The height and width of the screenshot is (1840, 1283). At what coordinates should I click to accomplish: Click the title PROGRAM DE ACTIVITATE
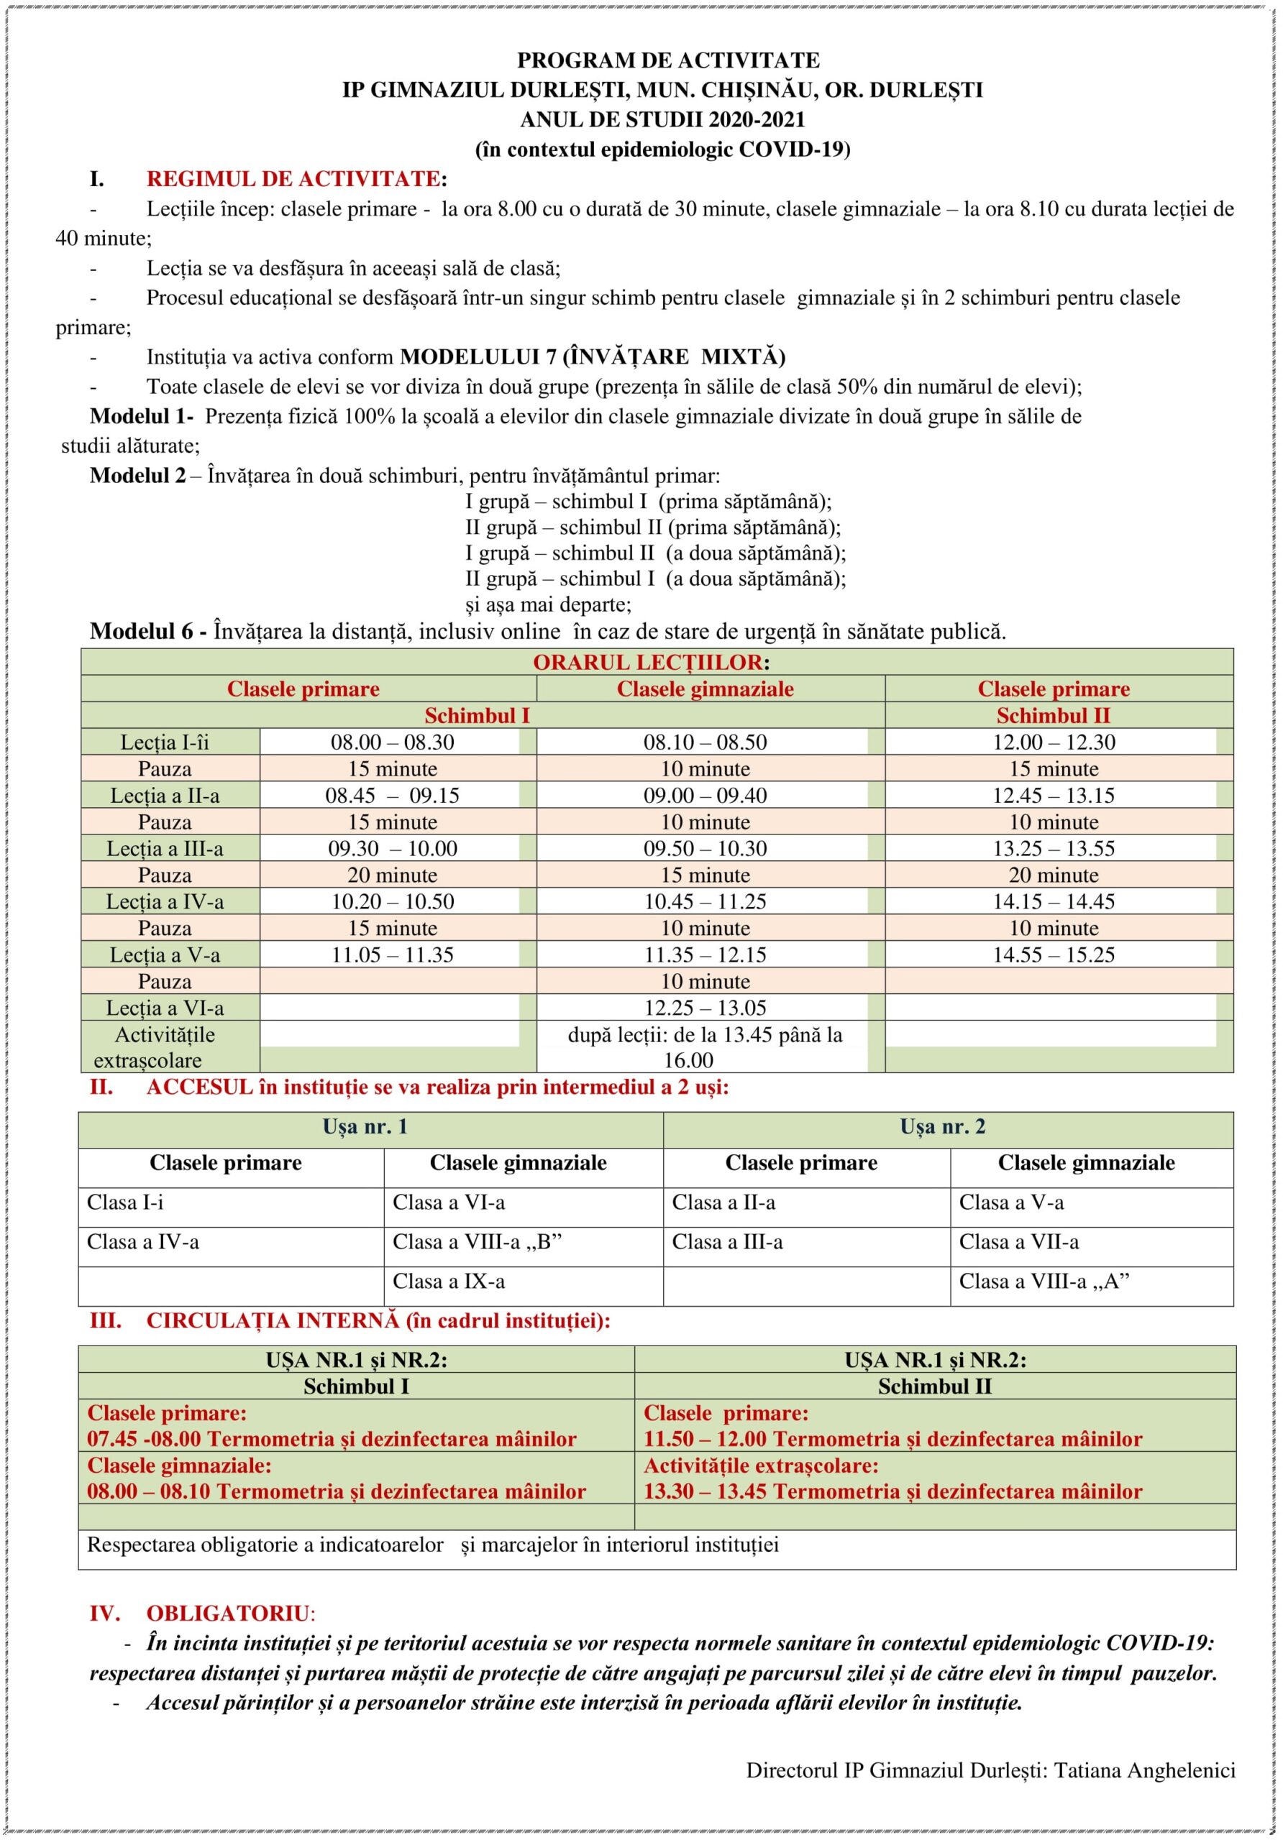click(x=668, y=60)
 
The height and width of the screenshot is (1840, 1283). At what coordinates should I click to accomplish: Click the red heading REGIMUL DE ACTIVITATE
click(x=293, y=179)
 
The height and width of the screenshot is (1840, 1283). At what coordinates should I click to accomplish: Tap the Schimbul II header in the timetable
click(x=1053, y=716)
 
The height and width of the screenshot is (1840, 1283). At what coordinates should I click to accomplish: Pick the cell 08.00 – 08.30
click(x=392, y=742)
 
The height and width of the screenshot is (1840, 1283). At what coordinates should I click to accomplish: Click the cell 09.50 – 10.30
click(x=705, y=849)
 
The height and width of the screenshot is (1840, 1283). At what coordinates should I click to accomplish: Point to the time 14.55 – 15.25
click(x=1053, y=954)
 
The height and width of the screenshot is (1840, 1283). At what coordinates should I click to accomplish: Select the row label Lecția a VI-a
click(x=165, y=1008)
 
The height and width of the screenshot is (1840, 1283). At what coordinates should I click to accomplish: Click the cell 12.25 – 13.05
click(x=705, y=1008)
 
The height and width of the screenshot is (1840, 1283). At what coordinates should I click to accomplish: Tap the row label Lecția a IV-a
click(x=165, y=901)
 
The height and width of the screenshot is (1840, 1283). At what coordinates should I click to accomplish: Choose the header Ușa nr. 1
click(x=365, y=1127)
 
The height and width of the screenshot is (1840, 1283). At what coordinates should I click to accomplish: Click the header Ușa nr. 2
click(x=942, y=1127)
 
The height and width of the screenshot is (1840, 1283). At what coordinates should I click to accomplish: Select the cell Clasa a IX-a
click(x=448, y=1282)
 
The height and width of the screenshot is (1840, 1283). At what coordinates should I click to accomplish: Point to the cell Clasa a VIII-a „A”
click(x=1044, y=1282)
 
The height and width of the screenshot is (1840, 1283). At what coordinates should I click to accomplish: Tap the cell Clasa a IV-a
click(x=142, y=1242)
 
